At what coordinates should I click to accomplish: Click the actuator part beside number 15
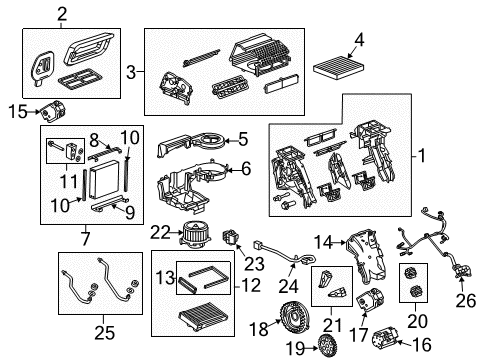coord(49,110)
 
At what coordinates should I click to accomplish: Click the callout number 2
coord(62,13)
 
